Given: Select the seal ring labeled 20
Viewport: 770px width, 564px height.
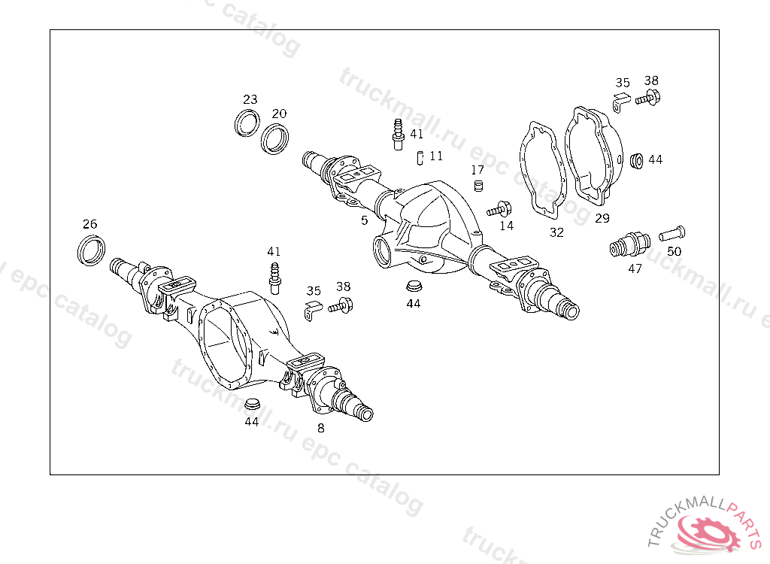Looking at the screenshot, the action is [263, 140].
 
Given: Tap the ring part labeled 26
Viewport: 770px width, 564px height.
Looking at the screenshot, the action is [80, 251].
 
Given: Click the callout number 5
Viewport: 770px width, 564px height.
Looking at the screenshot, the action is [365, 220].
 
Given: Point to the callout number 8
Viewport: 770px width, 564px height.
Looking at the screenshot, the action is [320, 429].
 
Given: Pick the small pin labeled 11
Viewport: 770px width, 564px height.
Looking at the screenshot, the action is [420, 158].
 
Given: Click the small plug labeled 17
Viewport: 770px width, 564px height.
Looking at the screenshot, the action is [478, 186].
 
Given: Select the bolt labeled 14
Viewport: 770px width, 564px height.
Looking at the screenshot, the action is [500, 210].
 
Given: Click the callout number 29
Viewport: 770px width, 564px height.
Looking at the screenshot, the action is [602, 218].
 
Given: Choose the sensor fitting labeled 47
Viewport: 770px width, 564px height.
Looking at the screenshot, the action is [630, 244].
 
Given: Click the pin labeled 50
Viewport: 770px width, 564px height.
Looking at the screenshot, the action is [671, 233].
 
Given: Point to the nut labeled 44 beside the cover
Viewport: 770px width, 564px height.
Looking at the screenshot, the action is [637, 161].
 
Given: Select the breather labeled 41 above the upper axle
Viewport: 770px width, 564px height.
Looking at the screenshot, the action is [399, 134].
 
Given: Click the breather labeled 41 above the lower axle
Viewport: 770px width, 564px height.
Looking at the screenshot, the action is [275, 278].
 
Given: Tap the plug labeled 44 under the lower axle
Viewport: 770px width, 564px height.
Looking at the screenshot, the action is [252, 405].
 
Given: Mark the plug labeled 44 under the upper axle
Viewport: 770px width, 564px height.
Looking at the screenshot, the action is [414, 286].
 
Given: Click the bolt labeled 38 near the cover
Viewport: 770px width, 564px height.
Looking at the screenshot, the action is [647, 98].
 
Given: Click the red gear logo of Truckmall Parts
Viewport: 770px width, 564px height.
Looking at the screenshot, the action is [708, 533].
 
